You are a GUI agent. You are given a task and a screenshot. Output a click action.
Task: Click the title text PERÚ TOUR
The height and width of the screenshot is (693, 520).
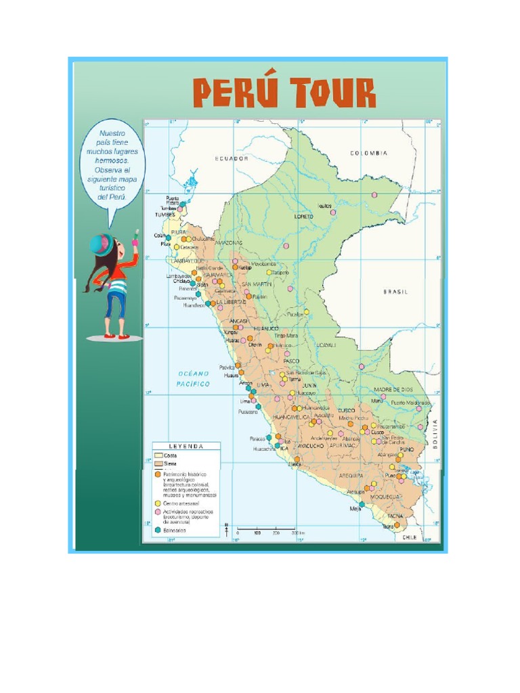click(x=284, y=93)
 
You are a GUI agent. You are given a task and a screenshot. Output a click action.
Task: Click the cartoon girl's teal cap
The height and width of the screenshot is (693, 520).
click(x=102, y=243)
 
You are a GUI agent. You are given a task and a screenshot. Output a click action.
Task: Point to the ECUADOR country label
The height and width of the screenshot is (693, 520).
click(x=232, y=158)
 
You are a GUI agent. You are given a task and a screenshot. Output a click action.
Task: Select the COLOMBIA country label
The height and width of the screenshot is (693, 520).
click(x=369, y=154)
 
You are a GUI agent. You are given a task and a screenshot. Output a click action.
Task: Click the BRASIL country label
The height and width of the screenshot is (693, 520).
click(x=395, y=292)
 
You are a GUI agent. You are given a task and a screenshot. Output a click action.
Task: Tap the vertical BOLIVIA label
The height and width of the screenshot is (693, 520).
click(x=435, y=434)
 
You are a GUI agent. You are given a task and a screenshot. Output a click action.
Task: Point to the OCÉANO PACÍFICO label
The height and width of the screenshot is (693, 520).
click(x=194, y=378)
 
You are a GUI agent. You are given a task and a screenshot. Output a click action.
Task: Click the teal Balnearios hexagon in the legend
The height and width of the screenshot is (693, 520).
click(x=157, y=531)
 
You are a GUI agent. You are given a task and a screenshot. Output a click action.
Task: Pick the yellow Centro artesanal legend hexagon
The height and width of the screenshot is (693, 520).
click(x=157, y=503)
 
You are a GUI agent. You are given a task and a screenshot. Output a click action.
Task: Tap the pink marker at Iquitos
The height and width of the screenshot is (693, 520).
click(x=332, y=212)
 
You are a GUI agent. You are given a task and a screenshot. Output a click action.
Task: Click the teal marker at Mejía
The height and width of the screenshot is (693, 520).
click(x=362, y=504)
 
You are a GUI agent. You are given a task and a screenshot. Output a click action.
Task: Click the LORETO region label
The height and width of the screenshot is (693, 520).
click(x=304, y=217)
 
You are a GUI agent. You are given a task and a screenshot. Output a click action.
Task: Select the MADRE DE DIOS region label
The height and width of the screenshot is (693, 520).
click(x=393, y=390)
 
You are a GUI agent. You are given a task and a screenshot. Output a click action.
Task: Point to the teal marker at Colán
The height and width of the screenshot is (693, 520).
click(x=169, y=238)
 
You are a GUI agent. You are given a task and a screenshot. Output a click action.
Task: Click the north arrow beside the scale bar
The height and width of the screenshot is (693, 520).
click(x=226, y=529)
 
